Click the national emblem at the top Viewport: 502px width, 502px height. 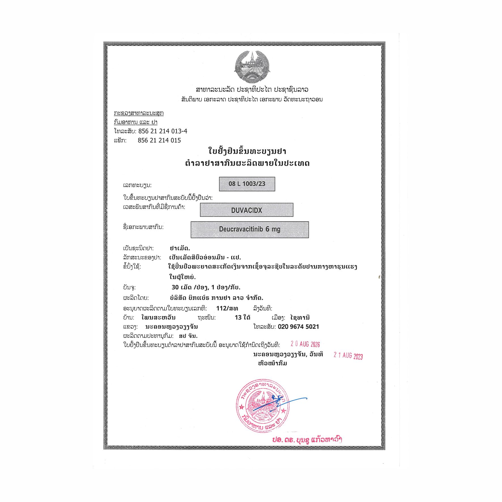252,67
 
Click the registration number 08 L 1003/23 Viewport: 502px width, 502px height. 247,184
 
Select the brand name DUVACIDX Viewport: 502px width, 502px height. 246,210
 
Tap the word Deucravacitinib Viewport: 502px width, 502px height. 241,229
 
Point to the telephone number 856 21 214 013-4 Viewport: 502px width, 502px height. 163,131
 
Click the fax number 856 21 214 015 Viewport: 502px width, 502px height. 159,140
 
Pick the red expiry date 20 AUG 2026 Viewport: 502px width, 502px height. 305,344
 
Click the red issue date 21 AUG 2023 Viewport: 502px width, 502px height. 348,356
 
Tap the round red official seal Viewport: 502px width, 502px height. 263,406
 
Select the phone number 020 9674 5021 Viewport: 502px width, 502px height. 298,327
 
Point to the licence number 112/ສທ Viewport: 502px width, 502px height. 227,308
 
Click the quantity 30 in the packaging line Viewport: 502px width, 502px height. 175,287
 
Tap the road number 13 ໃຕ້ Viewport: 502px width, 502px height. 243,318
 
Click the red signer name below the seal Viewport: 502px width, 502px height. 307,440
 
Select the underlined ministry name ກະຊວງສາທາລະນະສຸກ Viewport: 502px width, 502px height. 139,113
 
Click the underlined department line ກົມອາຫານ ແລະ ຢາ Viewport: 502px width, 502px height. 135,122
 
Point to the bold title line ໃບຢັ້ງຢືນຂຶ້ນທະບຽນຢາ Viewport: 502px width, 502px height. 247,151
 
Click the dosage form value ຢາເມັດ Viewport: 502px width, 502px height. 180,248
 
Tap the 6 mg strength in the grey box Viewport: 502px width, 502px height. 273,229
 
